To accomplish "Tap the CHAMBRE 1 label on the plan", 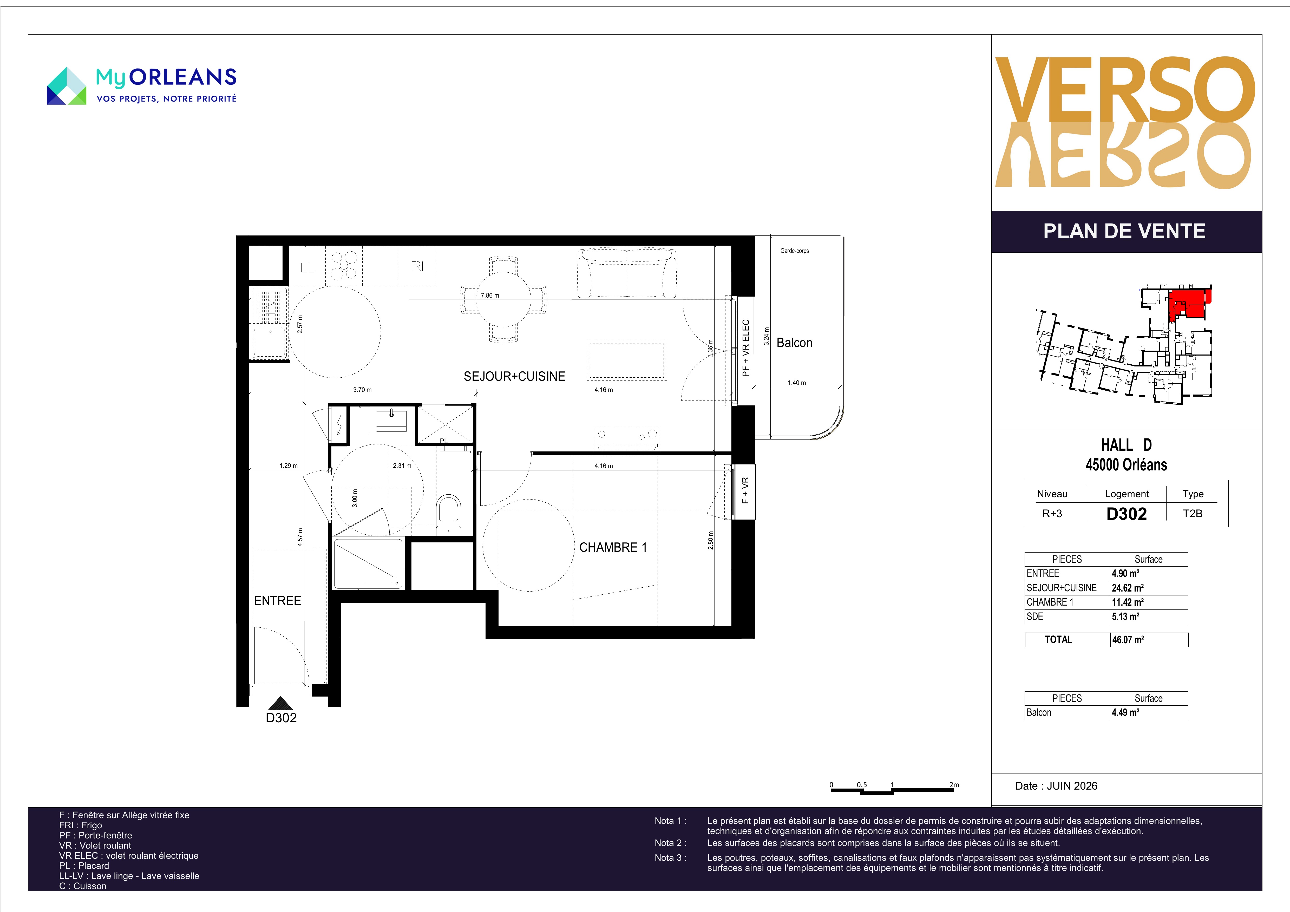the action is click(613, 547).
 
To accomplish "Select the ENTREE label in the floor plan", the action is click(278, 601).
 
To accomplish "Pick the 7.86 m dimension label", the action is click(490, 296).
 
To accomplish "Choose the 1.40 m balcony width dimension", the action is click(797, 383).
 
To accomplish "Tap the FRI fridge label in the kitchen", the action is click(417, 266).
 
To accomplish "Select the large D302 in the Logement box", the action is click(1127, 514).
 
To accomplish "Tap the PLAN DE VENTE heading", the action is click(1124, 231).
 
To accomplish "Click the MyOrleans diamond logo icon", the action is click(66, 86).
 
